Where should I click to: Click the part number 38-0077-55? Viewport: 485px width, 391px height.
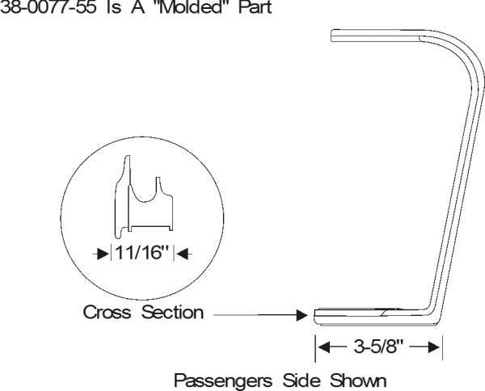[x=48, y=6]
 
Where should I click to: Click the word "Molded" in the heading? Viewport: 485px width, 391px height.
[x=190, y=6]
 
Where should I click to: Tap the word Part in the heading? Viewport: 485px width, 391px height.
[x=255, y=6]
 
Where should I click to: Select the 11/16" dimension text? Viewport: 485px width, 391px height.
[x=142, y=253]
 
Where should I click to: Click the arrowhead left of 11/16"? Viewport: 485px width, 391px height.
[x=103, y=254]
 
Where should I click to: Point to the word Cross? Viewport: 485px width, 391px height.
[x=107, y=312]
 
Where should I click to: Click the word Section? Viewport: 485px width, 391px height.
[x=172, y=312]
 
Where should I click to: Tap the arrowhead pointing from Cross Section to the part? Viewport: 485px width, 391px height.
[x=302, y=315]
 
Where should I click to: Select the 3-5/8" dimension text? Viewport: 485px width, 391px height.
[x=378, y=347]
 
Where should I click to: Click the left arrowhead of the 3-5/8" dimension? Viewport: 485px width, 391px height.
[x=324, y=347]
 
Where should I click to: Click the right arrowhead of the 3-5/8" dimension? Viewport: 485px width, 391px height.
[x=433, y=347]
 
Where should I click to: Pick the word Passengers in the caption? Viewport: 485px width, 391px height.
[x=223, y=380]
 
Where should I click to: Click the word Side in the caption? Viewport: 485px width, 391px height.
[x=302, y=380]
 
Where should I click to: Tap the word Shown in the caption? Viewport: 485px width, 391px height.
[x=358, y=380]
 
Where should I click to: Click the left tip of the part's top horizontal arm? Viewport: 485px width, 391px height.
[x=331, y=36]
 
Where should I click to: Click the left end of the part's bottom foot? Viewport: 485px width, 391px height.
[x=315, y=317]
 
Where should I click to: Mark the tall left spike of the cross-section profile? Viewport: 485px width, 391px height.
[x=127, y=170]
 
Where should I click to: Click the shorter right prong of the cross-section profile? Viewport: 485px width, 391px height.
[x=158, y=185]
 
